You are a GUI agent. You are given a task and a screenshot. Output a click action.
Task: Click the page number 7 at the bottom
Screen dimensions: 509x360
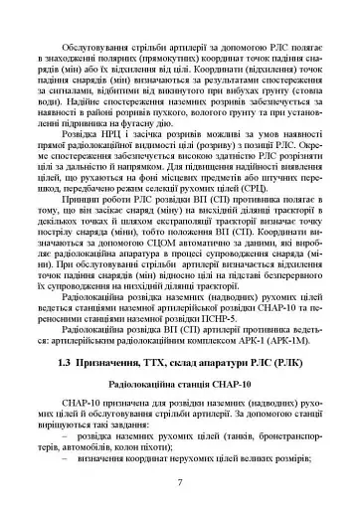[x=179, y=482]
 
